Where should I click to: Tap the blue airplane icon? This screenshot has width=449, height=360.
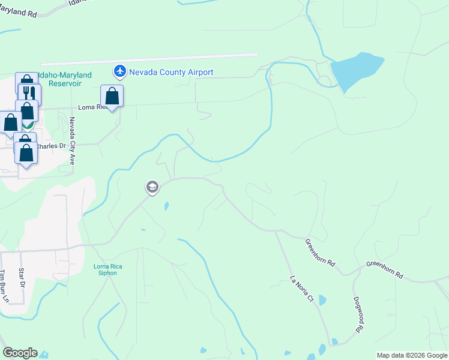tap(120, 72)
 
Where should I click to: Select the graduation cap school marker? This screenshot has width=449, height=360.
tap(152, 188)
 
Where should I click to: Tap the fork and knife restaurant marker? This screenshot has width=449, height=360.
tap(29, 93)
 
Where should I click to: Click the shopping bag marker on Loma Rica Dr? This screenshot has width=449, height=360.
tap(112, 96)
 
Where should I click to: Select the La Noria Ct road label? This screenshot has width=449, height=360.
tap(302, 289)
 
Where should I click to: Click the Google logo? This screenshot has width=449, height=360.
tap(20, 353)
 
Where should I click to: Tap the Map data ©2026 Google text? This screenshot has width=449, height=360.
tap(412, 355)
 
